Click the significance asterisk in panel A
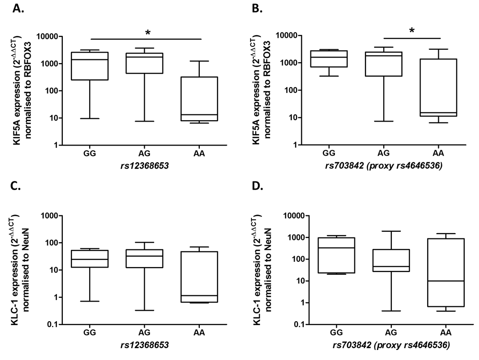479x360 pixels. click(147, 33)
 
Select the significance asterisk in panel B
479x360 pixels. click(411, 31)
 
